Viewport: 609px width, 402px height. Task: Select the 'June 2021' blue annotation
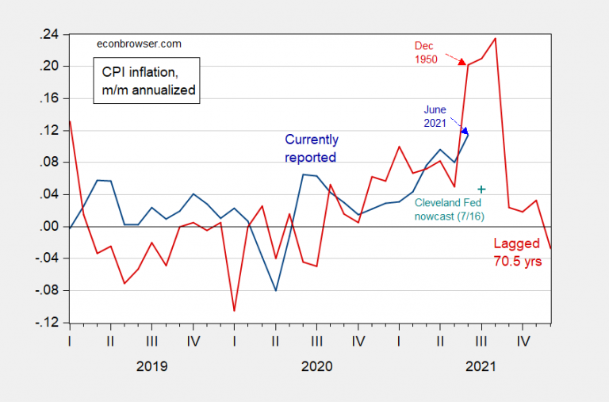(435, 116)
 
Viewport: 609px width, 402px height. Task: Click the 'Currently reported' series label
(310, 149)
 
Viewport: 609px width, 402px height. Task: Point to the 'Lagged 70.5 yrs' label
(518, 251)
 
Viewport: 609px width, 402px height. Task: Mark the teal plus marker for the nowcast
(481, 189)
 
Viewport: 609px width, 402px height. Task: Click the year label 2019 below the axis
(151, 367)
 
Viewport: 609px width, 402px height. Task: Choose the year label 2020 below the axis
(316, 367)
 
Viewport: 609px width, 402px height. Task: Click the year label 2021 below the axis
(481, 367)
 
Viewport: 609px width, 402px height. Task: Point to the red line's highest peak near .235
(496, 38)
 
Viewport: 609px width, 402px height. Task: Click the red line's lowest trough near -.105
(234, 311)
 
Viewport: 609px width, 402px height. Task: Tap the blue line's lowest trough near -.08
(275, 290)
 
